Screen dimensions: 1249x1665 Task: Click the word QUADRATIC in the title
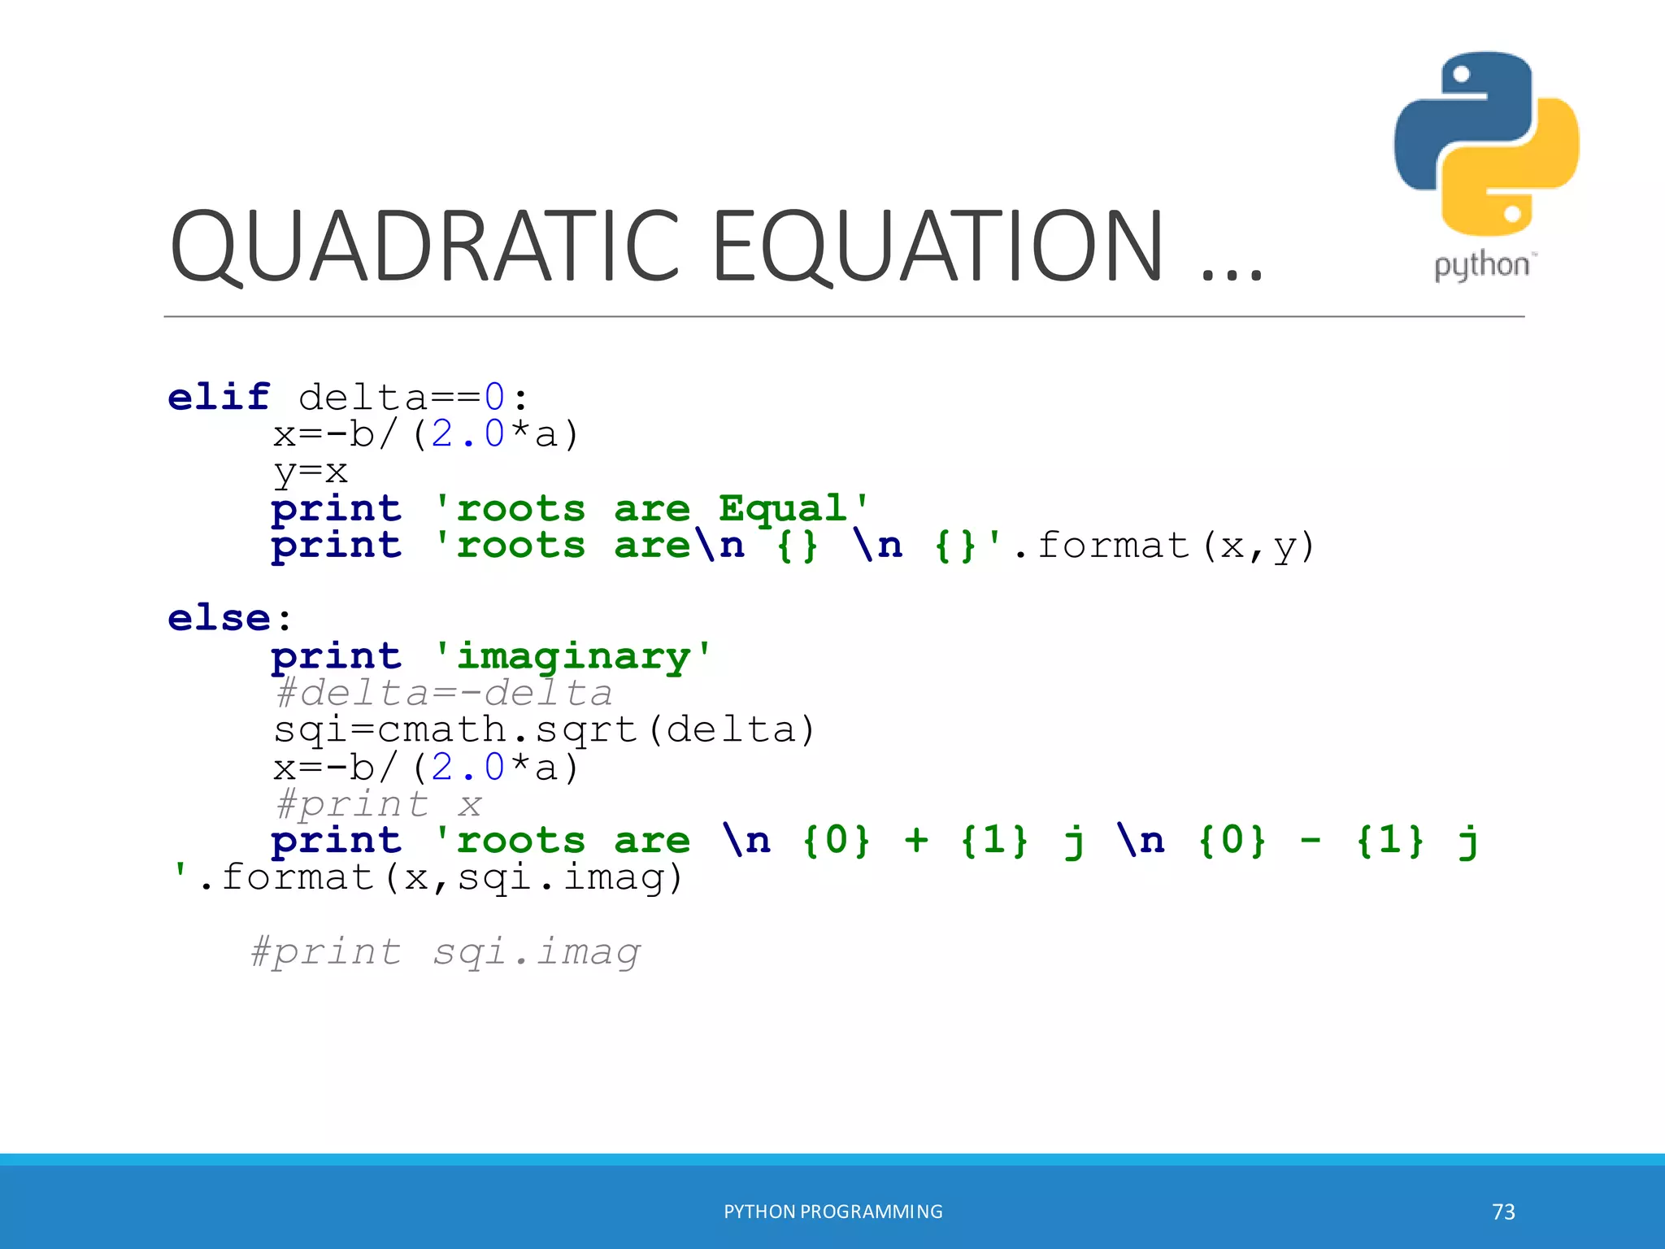click(x=424, y=247)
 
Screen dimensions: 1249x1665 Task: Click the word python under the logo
click(x=1481, y=266)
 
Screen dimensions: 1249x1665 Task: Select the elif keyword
click(x=219, y=397)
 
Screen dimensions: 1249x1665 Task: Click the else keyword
click(x=219, y=618)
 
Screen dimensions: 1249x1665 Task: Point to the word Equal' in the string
click(x=793, y=509)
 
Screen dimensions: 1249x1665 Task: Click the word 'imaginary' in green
click(x=573, y=656)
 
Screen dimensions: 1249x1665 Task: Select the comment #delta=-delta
click(x=443, y=693)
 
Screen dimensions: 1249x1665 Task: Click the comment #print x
click(x=379, y=804)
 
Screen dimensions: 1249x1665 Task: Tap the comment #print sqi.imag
click(x=446, y=951)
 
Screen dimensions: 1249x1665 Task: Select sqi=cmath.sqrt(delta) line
click(x=543, y=729)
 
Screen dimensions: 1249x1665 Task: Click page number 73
click(x=1503, y=1212)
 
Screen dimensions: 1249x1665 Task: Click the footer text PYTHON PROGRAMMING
click(x=832, y=1212)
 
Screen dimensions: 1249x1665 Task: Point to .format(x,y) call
click(x=1163, y=546)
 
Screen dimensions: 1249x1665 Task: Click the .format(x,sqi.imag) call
click(x=439, y=877)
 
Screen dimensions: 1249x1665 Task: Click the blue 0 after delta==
click(x=494, y=398)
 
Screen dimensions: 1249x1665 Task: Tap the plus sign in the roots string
click(x=916, y=840)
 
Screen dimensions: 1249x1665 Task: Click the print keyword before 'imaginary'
click(x=337, y=656)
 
